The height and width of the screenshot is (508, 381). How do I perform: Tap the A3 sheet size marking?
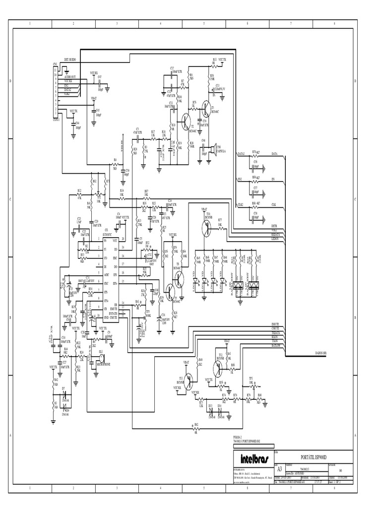[x=279, y=468]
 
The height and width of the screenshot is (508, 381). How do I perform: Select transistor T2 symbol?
[x=187, y=120]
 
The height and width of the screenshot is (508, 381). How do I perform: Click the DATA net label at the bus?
[x=274, y=154]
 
